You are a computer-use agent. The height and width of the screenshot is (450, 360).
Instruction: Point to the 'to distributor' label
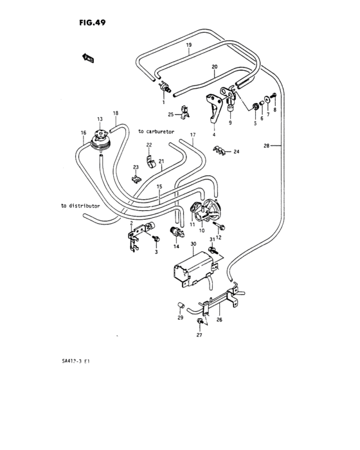tap(81, 206)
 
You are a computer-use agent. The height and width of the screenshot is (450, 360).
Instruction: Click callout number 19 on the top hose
tap(189, 45)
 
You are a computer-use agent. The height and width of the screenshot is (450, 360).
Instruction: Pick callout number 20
tap(215, 66)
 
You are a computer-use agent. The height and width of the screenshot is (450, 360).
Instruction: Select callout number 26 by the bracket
tap(219, 320)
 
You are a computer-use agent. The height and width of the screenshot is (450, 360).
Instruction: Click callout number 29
tap(181, 318)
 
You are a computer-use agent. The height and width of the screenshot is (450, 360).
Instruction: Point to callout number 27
tap(199, 336)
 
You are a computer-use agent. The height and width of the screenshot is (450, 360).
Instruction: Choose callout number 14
tap(175, 247)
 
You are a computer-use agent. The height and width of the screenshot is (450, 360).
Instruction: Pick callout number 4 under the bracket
tap(213, 136)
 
